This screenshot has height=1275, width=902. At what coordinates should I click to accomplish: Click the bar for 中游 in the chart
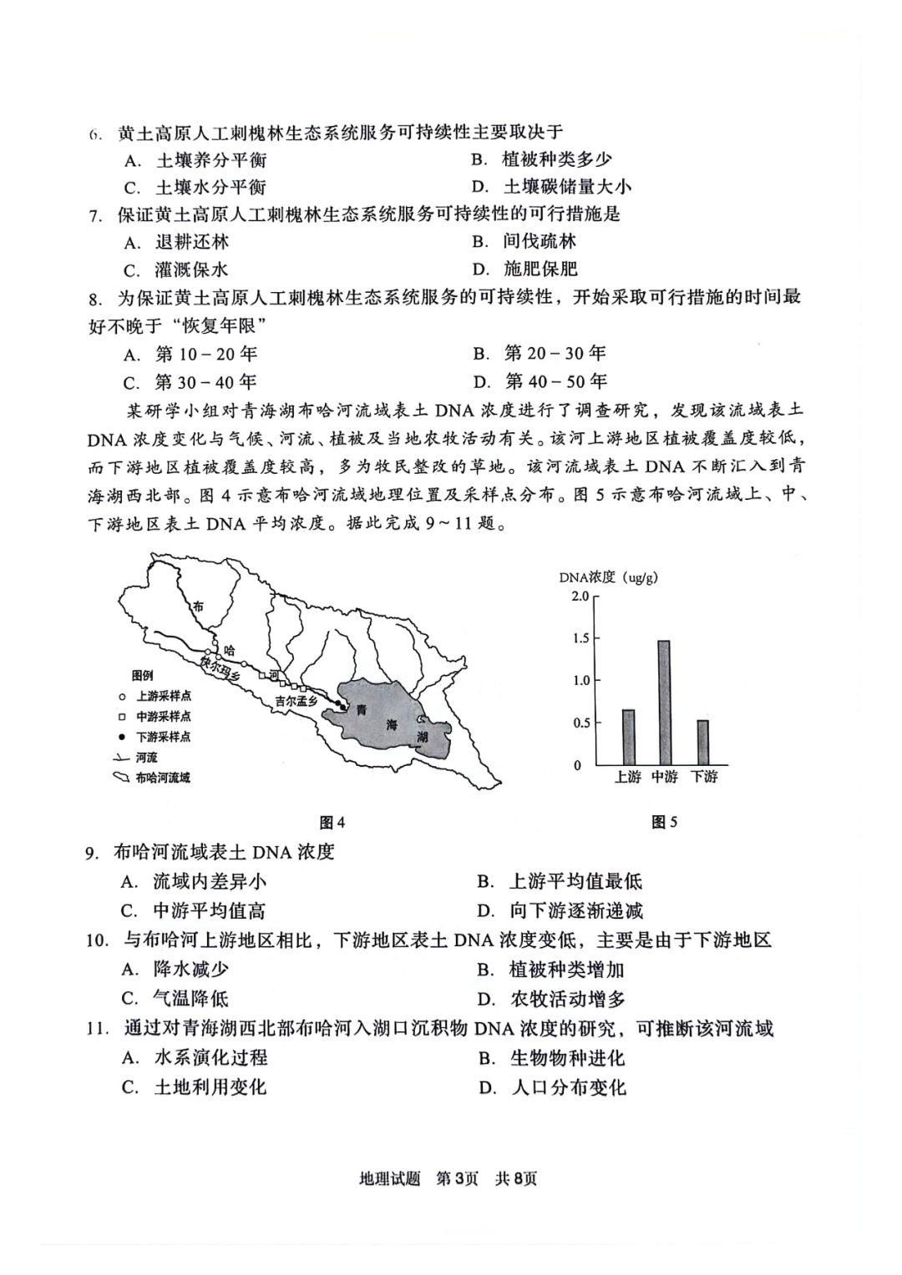coord(664,702)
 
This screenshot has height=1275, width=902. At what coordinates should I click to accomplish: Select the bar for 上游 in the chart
coord(628,737)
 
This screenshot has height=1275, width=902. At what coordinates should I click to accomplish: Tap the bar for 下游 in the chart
coord(703,742)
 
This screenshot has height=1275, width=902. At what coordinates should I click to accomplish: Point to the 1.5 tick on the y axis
coord(581,638)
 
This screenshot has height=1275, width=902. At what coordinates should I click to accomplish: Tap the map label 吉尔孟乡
coord(296,702)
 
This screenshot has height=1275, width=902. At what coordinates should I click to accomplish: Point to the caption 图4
coord(332,823)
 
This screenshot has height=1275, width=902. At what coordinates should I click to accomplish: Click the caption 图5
coord(664,823)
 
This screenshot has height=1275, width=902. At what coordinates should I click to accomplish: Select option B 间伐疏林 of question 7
coord(539,242)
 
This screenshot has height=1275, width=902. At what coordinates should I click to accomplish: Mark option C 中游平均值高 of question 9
coord(209,910)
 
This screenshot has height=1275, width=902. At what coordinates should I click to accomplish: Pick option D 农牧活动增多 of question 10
coord(567,999)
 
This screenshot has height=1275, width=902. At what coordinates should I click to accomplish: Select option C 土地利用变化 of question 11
coord(210,1087)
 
